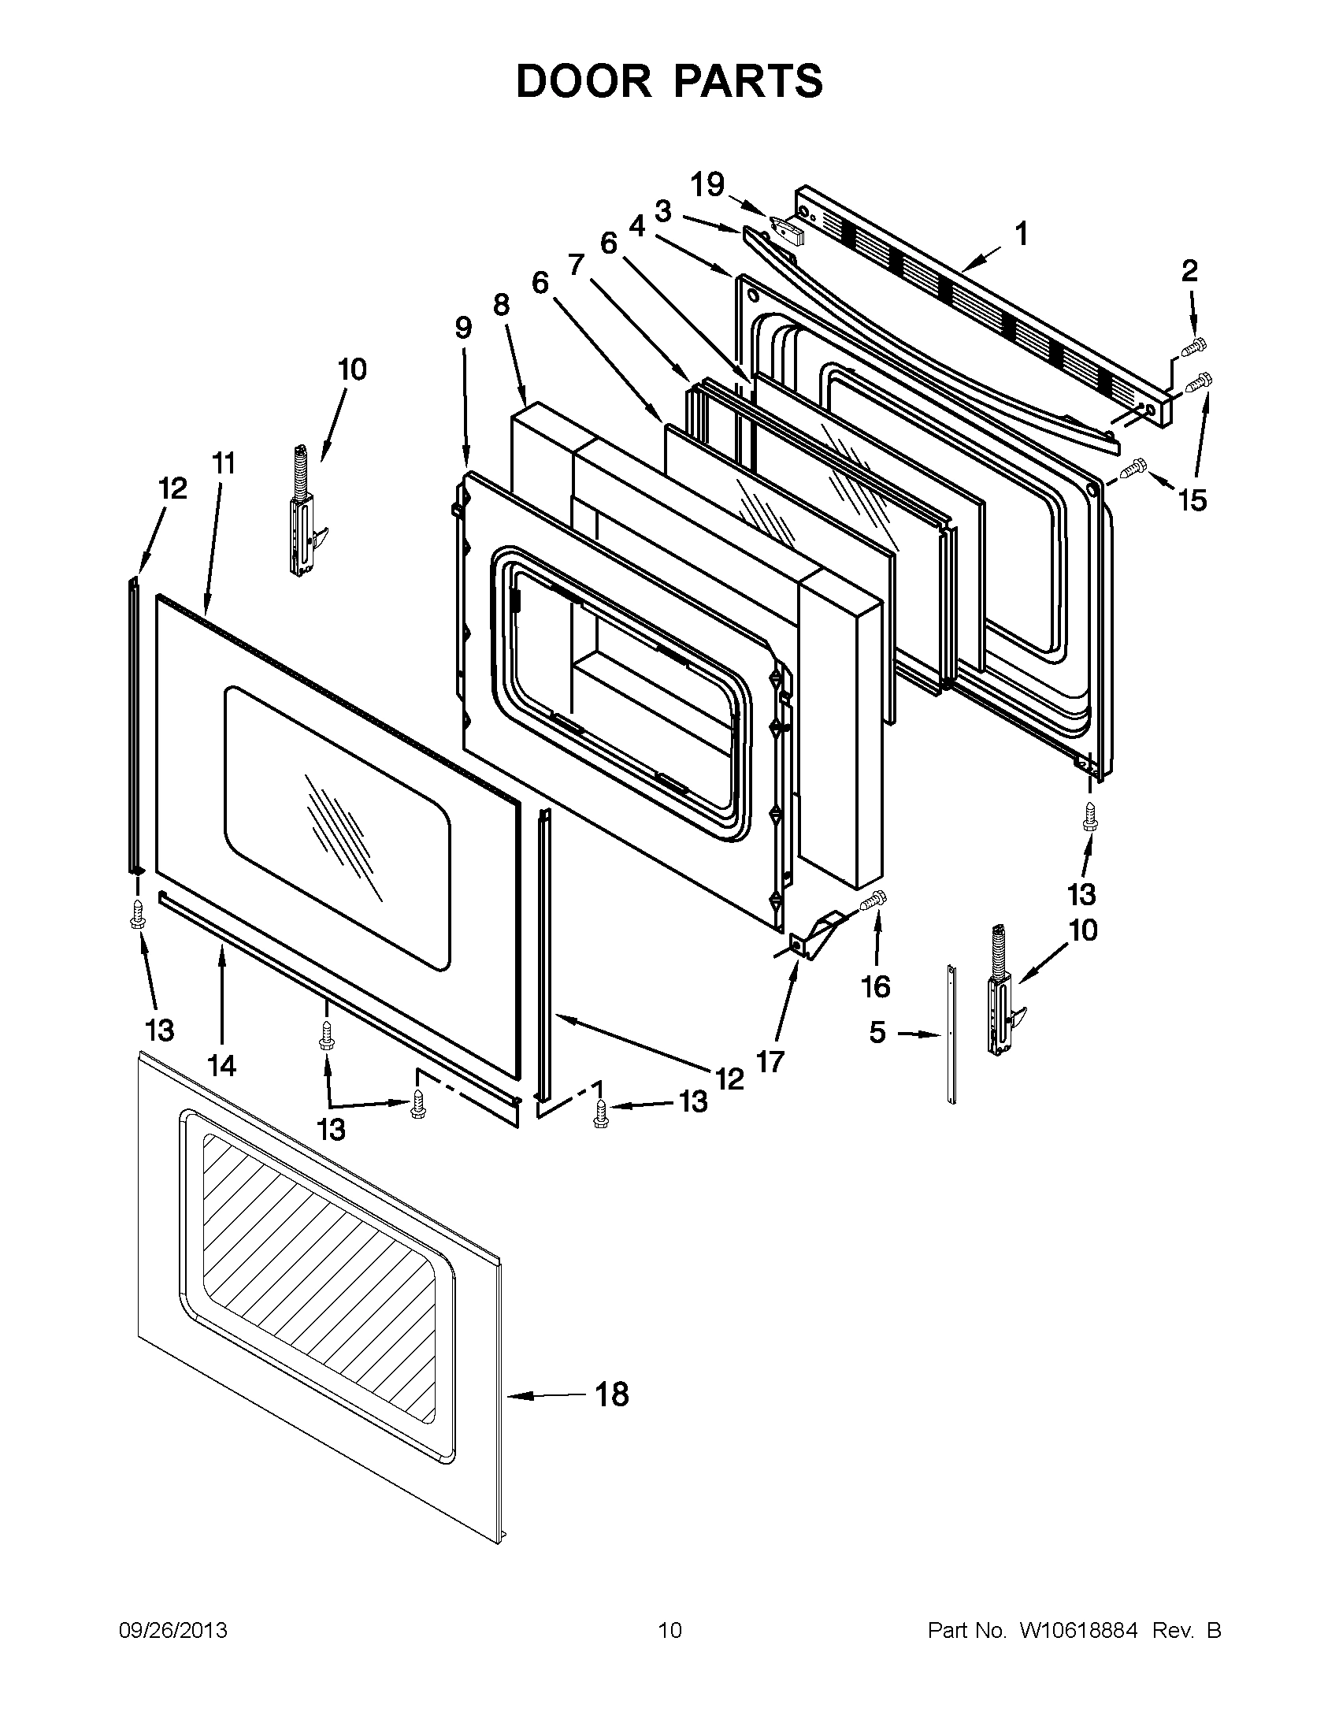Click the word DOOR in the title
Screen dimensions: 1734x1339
(x=582, y=82)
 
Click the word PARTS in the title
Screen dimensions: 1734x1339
(x=744, y=82)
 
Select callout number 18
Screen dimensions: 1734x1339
(x=612, y=1394)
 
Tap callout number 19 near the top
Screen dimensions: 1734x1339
(x=707, y=185)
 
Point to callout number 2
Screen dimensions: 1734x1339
(x=1189, y=272)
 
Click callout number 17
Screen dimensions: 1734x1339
(x=770, y=1061)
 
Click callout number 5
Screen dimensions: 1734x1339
(x=877, y=1033)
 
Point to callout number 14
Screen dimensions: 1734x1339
(x=222, y=1065)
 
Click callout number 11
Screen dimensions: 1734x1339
(x=224, y=462)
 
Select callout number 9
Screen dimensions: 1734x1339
(x=464, y=327)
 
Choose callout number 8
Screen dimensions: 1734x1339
(x=501, y=304)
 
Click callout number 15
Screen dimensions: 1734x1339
(x=1192, y=500)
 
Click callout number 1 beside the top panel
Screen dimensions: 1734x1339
(x=1022, y=234)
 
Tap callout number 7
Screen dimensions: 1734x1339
(x=576, y=264)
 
